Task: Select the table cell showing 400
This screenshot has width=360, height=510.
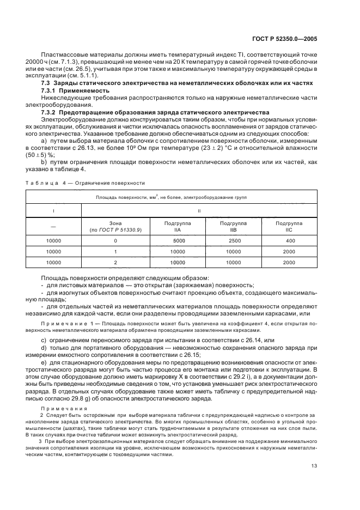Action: pyautogui.click(x=290, y=240)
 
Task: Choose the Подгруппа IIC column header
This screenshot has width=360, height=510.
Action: pyautogui.click(x=290, y=227)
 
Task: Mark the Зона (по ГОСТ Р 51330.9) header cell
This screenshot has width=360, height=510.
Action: pyautogui.click(x=115, y=227)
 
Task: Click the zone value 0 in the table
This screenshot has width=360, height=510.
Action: pyautogui.click(x=115, y=240)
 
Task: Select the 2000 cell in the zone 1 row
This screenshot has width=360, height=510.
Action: pyautogui.click(x=290, y=251)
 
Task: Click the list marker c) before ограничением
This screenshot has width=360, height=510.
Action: pyautogui.click(x=44, y=340)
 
